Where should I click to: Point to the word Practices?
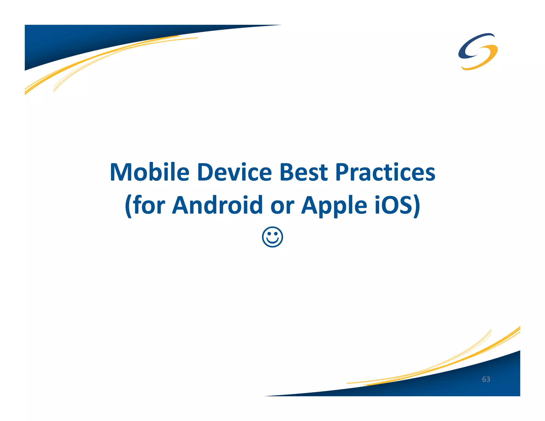coord(385,172)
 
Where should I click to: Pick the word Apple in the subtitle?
coord(334,205)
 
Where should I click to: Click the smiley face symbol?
coord(272,237)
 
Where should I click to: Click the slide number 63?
coord(486,379)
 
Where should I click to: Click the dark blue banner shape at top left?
coord(80,40)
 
